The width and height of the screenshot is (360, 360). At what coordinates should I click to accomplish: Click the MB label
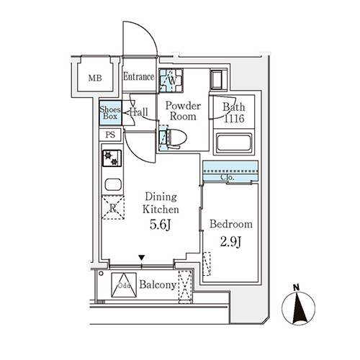point(95,78)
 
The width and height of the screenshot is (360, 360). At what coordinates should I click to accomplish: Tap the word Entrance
point(138,77)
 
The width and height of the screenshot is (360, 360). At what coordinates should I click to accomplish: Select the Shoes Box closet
point(110,113)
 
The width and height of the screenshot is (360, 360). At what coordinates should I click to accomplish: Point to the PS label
point(110,135)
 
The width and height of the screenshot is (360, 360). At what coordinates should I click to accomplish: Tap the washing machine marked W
point(171,81)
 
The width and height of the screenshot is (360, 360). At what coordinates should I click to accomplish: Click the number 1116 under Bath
point(234,118)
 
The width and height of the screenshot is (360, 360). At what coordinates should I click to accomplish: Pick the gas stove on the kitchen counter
point(112,158)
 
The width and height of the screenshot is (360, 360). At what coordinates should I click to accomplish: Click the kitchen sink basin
point(113,185)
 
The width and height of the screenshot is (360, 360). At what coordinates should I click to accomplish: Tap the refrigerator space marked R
point(113,207)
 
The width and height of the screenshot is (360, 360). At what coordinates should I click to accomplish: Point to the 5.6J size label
point(160,225)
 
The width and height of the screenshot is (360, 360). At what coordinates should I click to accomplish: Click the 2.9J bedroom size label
point(230,242)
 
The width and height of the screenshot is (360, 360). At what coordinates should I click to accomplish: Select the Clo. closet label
point(227,178)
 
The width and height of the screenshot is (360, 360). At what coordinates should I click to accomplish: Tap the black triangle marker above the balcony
point(142,258)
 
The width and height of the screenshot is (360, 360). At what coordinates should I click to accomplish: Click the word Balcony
point(158,285)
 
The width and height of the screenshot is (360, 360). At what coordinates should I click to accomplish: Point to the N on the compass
point(297,287)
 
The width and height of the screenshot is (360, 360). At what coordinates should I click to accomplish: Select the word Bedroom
point(231,224)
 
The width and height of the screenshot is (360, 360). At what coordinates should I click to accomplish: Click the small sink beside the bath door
point(218,80)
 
